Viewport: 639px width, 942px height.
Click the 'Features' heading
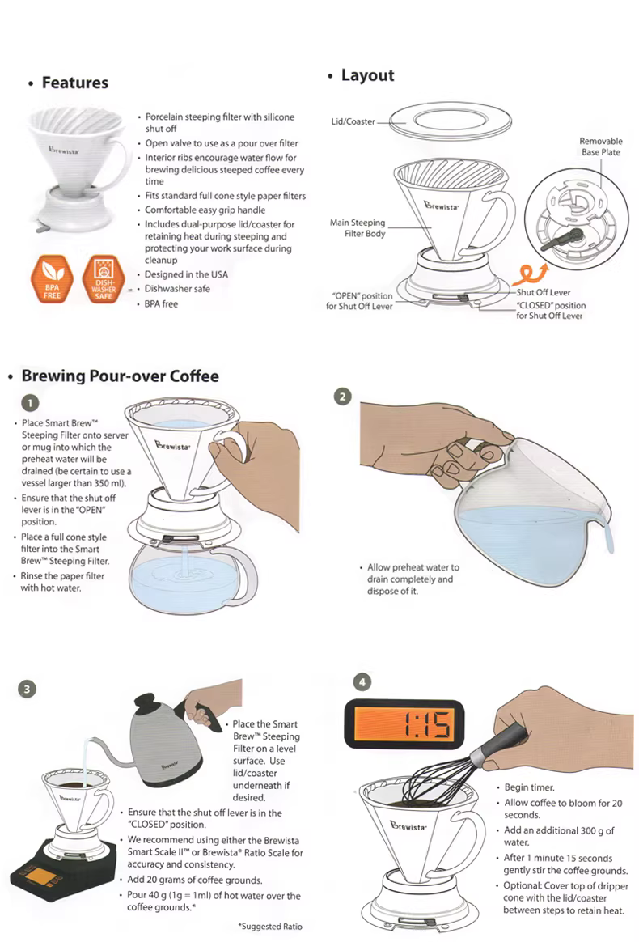click(x=75, y=83)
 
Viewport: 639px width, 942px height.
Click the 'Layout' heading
click(x=367, y=76)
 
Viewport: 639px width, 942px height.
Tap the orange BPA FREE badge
click(x=53, y=278)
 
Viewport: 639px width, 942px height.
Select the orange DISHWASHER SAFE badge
click(x=103, y=278)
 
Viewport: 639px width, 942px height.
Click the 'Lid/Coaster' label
click(x=353, y=121)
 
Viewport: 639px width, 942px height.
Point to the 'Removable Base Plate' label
click(x=600, y=146)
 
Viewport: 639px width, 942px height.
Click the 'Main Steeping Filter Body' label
click(x=358, y=227)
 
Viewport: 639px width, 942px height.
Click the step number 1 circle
click(x=30, y=402)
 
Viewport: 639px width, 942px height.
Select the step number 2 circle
click(x=342, y=397)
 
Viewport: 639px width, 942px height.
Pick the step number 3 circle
click(x=27, y=689)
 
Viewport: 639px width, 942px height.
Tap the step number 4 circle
click(x=362, y=682)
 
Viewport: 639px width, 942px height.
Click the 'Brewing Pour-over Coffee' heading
click(x=120, y=376)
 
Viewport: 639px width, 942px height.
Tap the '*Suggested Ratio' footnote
click(x=270, y=927)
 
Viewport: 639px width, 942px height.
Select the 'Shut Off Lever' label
click(x=544, y=293)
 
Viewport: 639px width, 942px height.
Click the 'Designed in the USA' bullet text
click(x=186, y=274)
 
